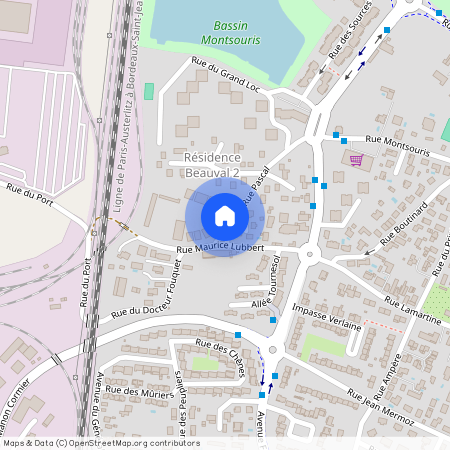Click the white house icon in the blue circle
[x=225, y=216]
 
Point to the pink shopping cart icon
[x=356, y=160]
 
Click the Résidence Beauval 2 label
[x=213, y=165]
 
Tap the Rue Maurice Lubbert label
[x=220, y=247]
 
